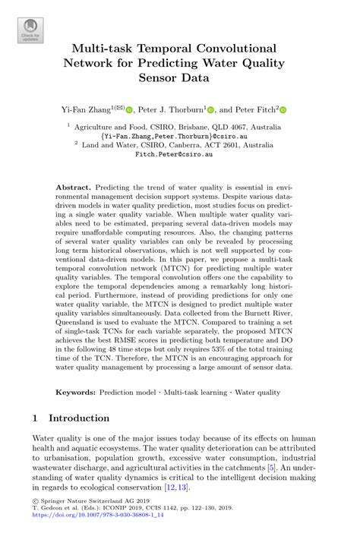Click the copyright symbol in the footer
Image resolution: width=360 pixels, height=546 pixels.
[34, 522]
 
